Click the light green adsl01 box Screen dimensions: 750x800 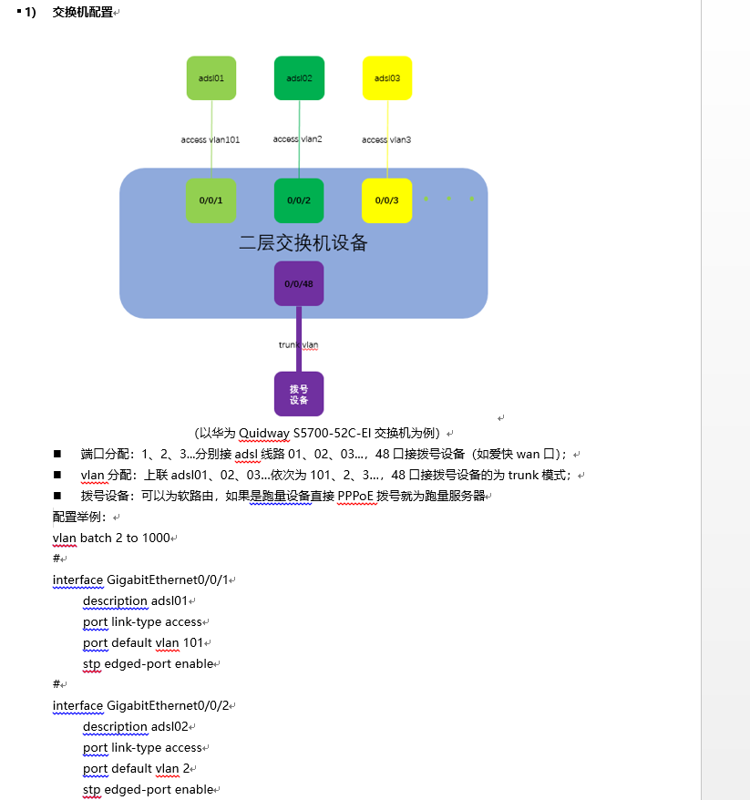211,78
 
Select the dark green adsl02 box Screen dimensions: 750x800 299,78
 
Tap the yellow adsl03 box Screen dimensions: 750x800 387,78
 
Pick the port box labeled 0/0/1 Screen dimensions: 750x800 211,200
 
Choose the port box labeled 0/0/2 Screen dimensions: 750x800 299,200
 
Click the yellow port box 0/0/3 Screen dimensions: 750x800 386,200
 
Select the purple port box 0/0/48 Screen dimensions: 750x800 299,283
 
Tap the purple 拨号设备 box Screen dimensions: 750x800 299,394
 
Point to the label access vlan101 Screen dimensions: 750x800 211,139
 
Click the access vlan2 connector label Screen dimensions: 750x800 297,139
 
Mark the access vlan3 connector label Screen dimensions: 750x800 386,139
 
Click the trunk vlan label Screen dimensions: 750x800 299,345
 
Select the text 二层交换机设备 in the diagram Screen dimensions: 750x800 303,243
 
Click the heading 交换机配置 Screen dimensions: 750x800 83,12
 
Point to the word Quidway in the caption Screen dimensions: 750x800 263,433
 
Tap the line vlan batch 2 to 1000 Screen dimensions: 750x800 111,538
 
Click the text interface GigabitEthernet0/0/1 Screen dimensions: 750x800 140,580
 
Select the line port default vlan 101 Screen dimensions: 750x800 143,643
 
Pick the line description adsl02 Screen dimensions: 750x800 135,726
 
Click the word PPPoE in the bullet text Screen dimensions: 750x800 355,496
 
